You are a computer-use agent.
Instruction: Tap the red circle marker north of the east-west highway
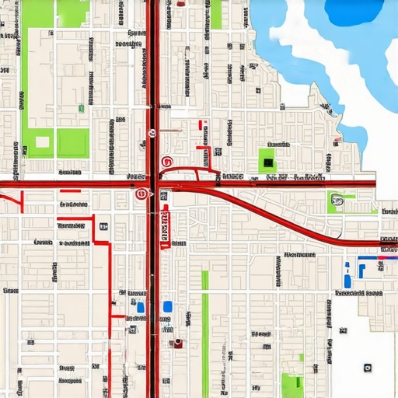point(165,162)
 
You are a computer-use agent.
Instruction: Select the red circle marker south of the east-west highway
point(141,194)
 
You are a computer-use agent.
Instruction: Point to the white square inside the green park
point(42,142)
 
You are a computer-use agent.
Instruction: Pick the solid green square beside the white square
point(72,141)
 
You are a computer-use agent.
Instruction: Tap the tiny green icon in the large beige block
point(80,109)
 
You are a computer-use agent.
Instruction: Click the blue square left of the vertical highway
point(141,307)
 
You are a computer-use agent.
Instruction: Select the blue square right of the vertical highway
point(167,306)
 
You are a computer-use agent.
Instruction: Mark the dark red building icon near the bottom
point(179,343)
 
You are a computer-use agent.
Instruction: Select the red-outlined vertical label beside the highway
point(164,229)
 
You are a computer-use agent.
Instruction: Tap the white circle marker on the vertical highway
point(152,133)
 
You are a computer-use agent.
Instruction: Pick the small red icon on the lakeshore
point(336,141)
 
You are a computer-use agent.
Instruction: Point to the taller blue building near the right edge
point(347,279)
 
